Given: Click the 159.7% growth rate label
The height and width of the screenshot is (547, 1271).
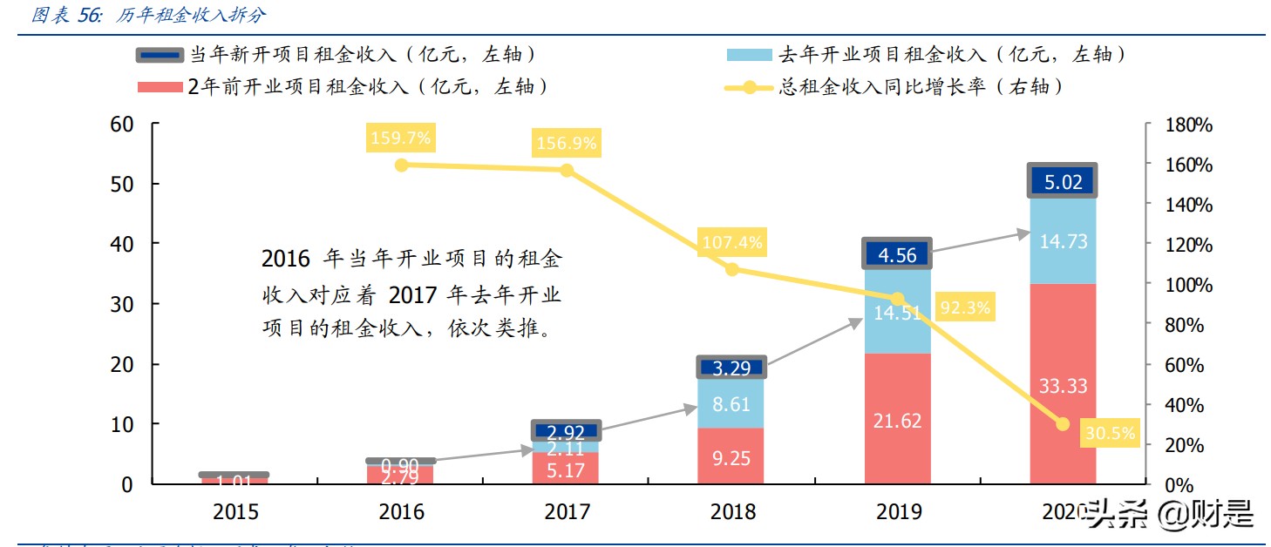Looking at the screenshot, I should (400, 138).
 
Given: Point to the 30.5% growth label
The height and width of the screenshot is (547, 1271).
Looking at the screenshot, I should (1110, 433).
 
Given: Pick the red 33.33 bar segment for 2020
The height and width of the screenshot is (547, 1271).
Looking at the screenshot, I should (1062, 385).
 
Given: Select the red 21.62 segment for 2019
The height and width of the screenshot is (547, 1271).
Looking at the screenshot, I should (896, 421).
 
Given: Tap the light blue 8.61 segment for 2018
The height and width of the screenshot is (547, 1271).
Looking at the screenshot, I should (731, 403).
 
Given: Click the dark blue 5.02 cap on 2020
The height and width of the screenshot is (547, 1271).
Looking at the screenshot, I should (1062, 181).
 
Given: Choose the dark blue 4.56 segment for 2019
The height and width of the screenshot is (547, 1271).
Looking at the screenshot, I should (896, 254).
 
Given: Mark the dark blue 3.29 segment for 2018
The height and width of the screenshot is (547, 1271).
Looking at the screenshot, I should (731, 367).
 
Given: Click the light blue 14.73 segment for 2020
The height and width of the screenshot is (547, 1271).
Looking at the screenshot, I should (1062, 241).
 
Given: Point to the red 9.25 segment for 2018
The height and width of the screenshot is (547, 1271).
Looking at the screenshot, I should (731, 457).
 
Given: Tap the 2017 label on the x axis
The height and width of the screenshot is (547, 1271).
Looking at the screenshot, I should (566, 512).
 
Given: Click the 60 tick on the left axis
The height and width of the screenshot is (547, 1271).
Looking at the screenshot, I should (123, 125).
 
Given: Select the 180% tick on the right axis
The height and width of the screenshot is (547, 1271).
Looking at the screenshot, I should (1189, 125).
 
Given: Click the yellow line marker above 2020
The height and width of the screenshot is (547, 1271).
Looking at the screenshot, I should (1062, 424).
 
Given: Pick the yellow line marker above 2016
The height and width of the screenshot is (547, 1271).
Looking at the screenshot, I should (401, 165).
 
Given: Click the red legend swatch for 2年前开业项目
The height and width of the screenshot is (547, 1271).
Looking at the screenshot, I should (160, 86).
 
